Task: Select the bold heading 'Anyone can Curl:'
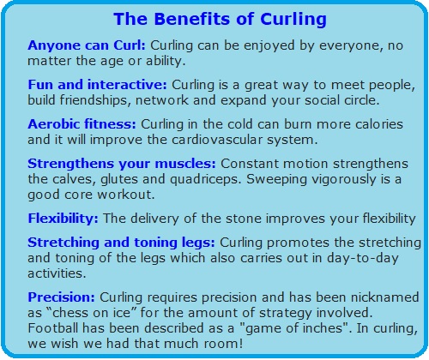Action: (x=87, y=45)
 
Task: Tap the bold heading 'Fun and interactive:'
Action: (x=97, y=85)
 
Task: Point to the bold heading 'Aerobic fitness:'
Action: (x=82, y=124)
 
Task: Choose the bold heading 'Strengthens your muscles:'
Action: (x=122, y=164)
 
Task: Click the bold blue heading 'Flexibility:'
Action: (x=63, y=219)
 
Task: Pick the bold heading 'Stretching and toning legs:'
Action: (x=121, y=243)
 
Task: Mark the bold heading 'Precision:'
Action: (x=61, y=297)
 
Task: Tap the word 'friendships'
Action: (x=95, y=100)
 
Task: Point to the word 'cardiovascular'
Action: (x=217, y=140)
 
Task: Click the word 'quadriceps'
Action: (x=205, y=180)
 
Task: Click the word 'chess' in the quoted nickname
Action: (x=72, y=313)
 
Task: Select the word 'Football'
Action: (x=52, y=328)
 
